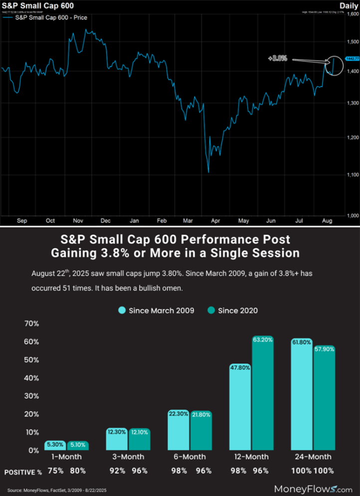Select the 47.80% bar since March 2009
pyautogui.click(x=240, y=407)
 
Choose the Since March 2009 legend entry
pyautogui.click(x=155, y=310)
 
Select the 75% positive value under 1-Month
pyautogui.click(x=55, y=471)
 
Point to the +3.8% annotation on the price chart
pyautogui.click(x=277, y=58)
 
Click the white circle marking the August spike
pyautogui.click(x=334, y=64)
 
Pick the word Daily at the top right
pyautogui.click(x=348, y=5)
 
